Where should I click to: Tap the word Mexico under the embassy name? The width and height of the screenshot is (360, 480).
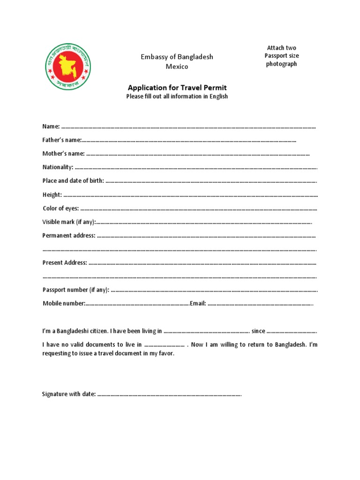(x=177, y=67)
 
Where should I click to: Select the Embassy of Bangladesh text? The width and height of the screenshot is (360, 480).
(x=177, y=57)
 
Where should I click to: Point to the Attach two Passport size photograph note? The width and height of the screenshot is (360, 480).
(x=282, y=56)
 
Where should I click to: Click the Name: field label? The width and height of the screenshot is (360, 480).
(x=51, y=127)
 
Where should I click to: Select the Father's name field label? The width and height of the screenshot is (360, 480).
(x=62, y=140)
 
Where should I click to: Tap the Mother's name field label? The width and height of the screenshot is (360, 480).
(x=63, y=154)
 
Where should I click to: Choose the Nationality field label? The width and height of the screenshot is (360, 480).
(x=58, y=167)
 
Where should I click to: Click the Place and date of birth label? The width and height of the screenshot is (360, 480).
(x=73, y=181)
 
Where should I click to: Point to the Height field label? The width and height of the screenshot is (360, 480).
(x=52, y=195)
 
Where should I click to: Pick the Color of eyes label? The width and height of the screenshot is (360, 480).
(x=60, y=208)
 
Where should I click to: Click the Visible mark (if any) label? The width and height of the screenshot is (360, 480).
(x=69, y=222)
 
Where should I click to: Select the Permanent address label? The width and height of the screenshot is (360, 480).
(x=69, y=235)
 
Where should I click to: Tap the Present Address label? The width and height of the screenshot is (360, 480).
(x=65, y=262)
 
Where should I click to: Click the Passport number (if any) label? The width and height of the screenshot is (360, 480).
(x=76, y=290)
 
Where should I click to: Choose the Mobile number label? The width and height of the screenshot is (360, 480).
(x=64, y=303)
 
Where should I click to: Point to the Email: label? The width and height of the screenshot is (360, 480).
(x=198, y=303)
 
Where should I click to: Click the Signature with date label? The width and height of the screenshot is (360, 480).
(x=69, y=394)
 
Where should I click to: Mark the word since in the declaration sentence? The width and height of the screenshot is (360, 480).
(x=258, y=331)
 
